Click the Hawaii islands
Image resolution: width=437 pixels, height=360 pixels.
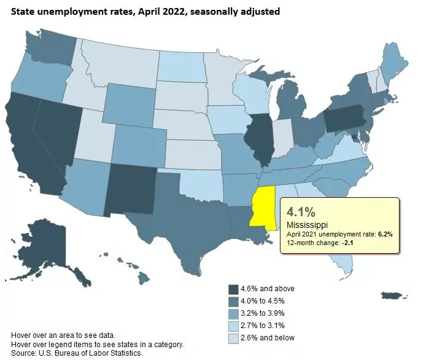pos(142,280)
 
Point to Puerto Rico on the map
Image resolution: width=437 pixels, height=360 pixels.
pos(393,297)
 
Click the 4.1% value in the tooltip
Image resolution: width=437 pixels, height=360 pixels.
pos(301,213)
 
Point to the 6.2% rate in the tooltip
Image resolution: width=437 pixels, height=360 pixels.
pos(385,235)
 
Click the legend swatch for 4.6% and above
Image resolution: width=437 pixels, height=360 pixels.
pos(234,289)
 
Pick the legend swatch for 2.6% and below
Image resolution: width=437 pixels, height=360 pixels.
pos(234,337)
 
